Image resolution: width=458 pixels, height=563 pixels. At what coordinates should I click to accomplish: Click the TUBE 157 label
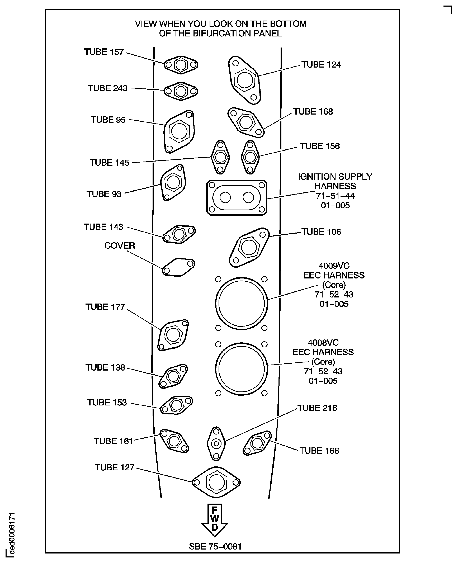click(104, 52)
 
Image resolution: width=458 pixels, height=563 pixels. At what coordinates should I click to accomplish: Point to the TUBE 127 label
click(115, 467)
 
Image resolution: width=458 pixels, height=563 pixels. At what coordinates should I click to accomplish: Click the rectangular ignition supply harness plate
click(237, 198)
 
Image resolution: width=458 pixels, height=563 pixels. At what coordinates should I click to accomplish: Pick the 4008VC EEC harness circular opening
click(241, 369)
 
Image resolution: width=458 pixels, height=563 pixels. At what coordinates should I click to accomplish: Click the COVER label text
click(120, 246)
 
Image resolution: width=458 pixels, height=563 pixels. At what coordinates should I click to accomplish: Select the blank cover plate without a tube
click(178, 267)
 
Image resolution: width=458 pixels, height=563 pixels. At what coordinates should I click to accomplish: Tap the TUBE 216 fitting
click(216, 444)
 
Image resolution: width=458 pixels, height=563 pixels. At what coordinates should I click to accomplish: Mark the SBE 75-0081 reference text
click(215, 546)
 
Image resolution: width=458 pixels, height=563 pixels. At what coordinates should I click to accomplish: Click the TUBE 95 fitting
click(179, 131)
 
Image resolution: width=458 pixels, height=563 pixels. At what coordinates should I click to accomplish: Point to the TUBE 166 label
click(319, 451)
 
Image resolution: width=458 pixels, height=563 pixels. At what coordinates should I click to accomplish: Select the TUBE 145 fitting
click(220, 157)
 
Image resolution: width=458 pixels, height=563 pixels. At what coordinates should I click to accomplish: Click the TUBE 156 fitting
click(250, 157)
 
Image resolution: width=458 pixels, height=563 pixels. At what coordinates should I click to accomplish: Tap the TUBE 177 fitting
click(173, 335)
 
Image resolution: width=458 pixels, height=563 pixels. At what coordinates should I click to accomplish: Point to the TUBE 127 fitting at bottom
click(216, 482)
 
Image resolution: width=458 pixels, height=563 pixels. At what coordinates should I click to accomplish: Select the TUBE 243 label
click(108, 88)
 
